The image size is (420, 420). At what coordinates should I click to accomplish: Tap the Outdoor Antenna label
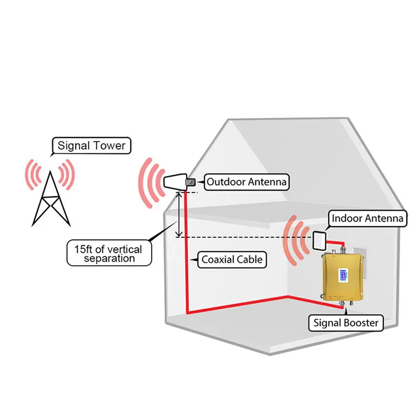coord(246,182)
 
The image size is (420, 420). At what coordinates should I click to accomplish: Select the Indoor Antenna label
coord(367,218)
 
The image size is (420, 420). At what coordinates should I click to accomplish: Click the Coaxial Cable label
coord(232,259)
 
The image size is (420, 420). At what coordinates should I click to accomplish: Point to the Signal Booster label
coord(345,322)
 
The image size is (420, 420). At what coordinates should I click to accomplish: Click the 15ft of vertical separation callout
coord(109,253)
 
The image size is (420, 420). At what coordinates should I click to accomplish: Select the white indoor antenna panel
coord(320,240)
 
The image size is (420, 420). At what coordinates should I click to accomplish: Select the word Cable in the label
coord(248,259)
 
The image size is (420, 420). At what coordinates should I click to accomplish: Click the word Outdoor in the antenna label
coord(225,182)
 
